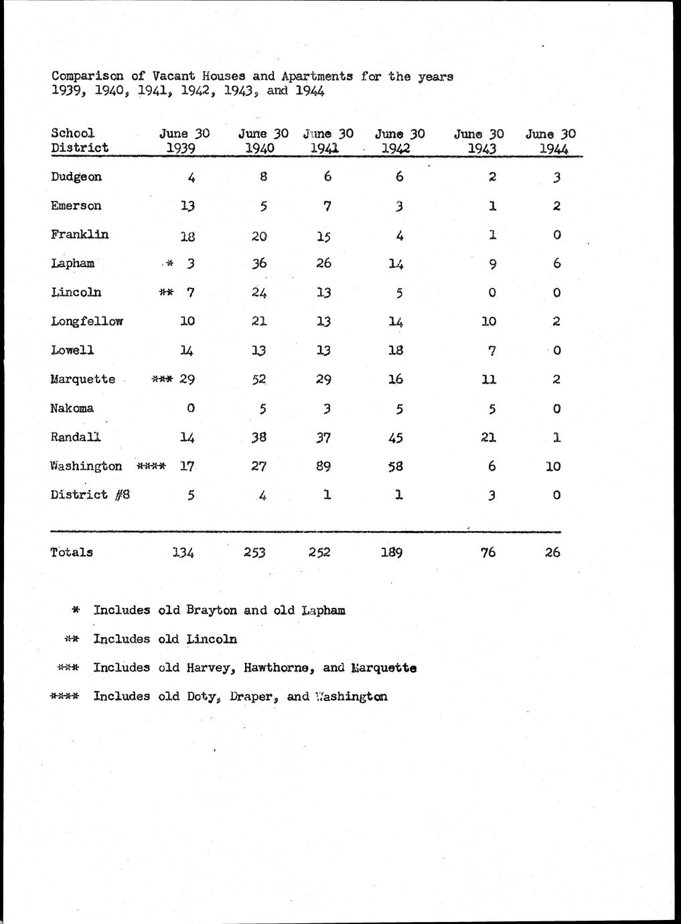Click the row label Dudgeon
76,177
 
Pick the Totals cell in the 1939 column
183,552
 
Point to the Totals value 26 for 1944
552,552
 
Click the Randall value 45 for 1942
395,437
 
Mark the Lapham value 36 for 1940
258,264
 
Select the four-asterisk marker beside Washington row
151,466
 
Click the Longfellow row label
86,321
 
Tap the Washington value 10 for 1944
552,466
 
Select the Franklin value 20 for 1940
258,235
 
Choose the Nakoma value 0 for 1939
191,408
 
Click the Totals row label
72,552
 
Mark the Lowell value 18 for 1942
395,350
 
